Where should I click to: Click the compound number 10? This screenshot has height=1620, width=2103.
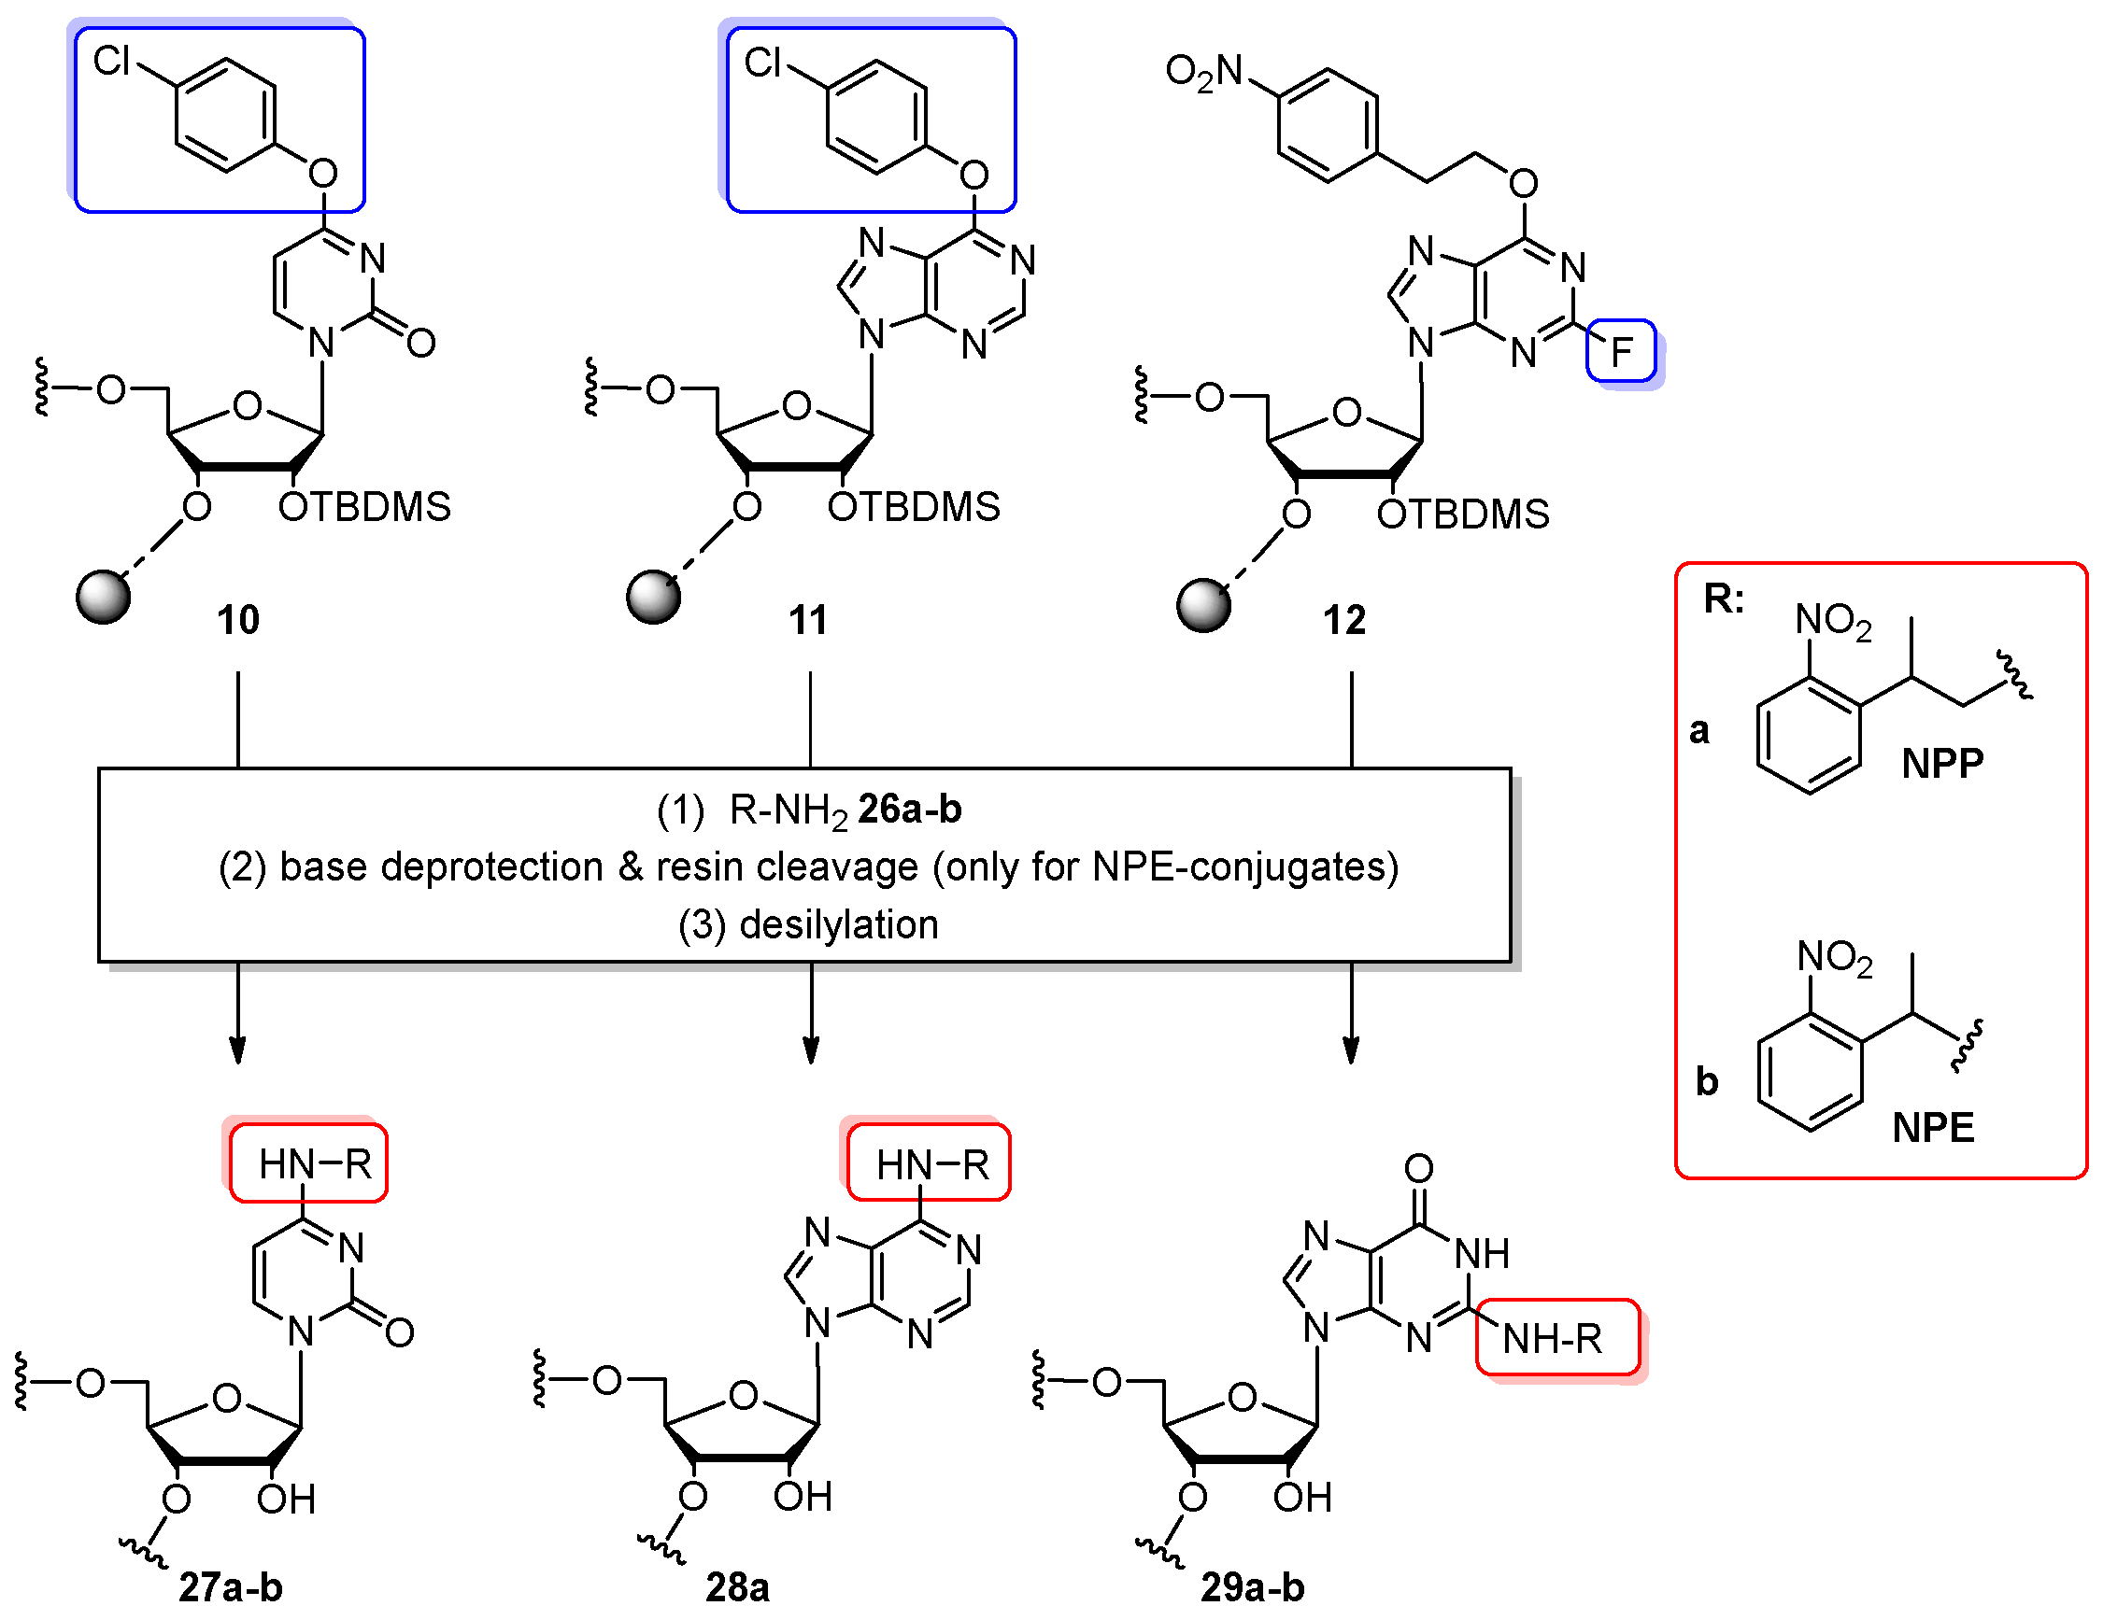(x=238, y=620)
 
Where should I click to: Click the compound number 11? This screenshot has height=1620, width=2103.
(x=808, y=620)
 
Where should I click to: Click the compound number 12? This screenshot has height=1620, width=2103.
(x=1344, y=620)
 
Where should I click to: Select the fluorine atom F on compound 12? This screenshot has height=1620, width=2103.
(x=1622, y=352)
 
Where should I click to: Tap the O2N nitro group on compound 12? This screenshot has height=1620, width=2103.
(x=1204, y=72)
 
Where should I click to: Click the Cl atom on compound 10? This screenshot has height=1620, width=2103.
(x=112, y=62)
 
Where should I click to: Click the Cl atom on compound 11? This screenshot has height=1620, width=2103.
(x=762, y=63)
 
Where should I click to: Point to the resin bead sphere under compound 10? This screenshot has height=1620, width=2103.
(x=103, y=597)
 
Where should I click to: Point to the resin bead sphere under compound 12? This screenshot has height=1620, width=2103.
(x=1203, y=604)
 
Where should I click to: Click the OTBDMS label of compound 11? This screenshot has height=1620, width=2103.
(x=914, y=507)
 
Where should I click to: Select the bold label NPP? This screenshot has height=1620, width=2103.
(x=1942, y=765)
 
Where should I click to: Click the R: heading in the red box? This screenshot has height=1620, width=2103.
(x=1724, y=599)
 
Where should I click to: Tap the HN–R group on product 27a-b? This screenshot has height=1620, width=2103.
(x=314, y=1164)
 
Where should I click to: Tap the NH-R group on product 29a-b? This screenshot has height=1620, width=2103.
(x=1552, y=1339)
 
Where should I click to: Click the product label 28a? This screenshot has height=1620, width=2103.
(x=737, y=1587)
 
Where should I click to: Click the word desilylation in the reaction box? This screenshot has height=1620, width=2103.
(x=838, y=925)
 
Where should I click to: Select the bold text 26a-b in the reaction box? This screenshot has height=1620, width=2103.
(x=909, y=810)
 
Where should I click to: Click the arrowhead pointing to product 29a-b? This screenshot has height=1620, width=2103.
(x=1351, y=1051)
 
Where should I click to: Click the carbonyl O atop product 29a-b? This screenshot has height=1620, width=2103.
(x=1418, y=1169)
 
